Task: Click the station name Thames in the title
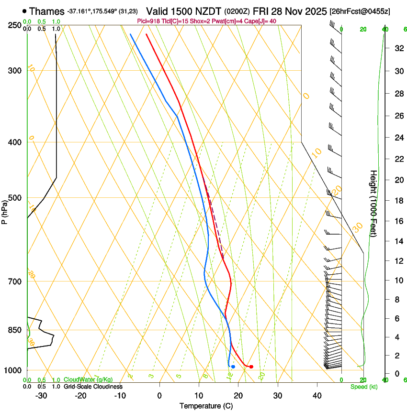point(46,11)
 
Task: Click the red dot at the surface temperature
point(251,367)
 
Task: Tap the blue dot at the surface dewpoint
point(233,367)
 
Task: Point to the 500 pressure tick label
point(15,198)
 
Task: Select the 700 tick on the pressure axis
point(15,281)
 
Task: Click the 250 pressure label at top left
point(15,25)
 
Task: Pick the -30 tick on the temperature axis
point(41,395)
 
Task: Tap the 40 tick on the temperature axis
point(317,395)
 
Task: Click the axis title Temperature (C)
point(206,406)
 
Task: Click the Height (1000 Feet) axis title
point(373,203)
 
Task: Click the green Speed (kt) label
point(363,386)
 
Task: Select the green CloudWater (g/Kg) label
point(88,379)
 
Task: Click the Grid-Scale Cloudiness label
point(93,386)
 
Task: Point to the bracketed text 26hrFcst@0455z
point(360,11)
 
